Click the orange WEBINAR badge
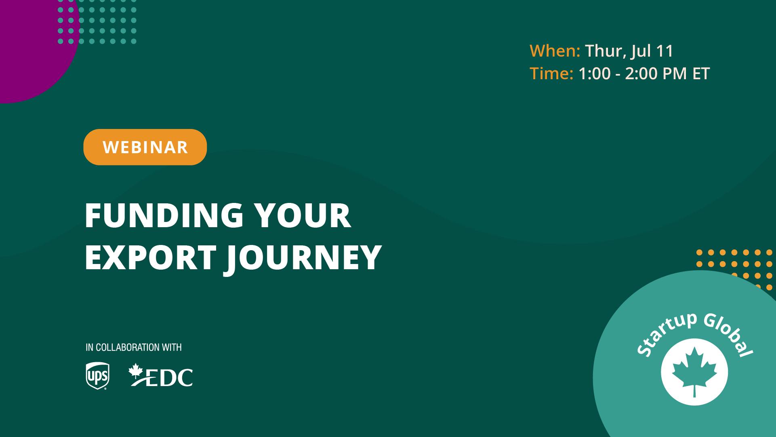click(145, 147)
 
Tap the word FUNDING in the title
click(164, 215)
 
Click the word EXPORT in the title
click(151, 257)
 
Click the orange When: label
click(555, 51)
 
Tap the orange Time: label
click(551, 74)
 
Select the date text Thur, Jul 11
click(629, 51)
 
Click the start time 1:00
click(595, 74)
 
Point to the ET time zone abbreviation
click(701, 74)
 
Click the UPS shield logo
click(98, 376)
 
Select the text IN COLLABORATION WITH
click(134, 347)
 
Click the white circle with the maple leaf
click(694, 372)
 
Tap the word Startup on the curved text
click(667, 334)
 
